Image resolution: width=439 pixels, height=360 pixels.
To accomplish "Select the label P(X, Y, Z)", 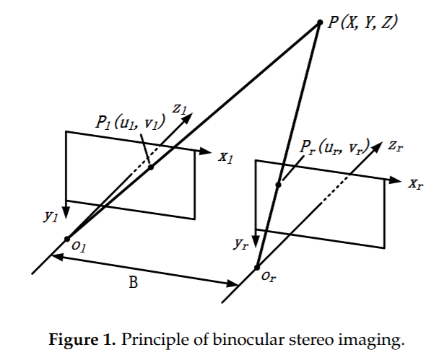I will pos(362,22).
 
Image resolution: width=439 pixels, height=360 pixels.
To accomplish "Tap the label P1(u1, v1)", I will pos(129,123).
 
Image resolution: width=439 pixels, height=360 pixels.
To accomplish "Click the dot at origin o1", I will pos(66,238).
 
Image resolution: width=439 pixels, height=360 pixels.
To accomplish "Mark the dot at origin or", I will pos(257,268).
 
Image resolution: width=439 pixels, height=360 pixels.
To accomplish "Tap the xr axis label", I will pos(415,183).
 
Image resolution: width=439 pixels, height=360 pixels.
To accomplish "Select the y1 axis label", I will pos(51,215).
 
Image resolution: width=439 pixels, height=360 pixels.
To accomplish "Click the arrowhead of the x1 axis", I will pos(207,152).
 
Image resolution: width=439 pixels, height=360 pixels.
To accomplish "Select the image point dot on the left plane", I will pos(151,167).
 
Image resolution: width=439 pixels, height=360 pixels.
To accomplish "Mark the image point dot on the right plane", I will pos(279,185).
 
